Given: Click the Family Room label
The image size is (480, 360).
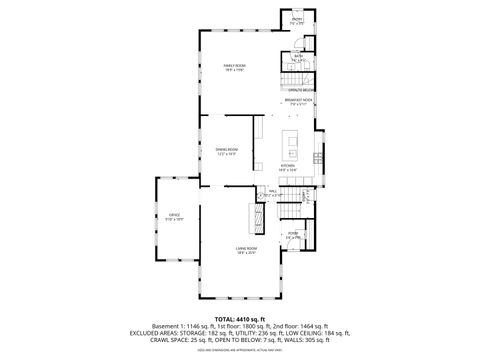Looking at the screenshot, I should tap(234, 67).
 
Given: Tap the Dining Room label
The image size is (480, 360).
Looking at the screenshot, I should tap(225, 152).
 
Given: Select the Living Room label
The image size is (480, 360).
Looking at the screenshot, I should tap(246, 250).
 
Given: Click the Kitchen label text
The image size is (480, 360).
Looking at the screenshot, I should tap(288, 167).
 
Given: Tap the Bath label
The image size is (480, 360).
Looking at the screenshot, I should tap(298, 57).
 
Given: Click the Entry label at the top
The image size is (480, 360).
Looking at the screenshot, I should tap(297, 19).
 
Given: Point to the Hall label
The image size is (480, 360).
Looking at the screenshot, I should tap(271, 192).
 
